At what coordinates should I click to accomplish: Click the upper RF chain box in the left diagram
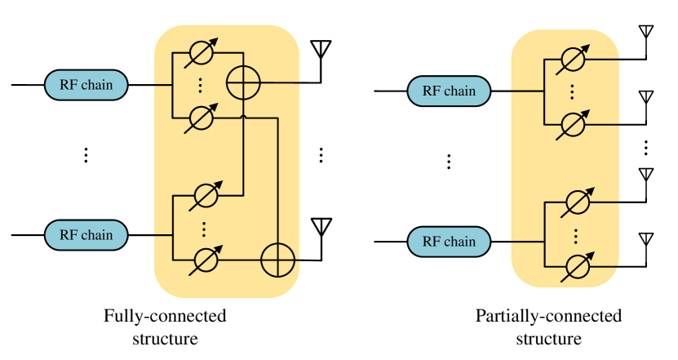[86, 85]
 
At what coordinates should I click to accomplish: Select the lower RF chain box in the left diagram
[86, 235]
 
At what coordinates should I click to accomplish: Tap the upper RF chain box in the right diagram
[449, 91]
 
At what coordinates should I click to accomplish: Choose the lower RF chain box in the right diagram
[449, 242]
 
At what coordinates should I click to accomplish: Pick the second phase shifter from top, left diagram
[201, 118]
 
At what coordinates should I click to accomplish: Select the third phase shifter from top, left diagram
[206, 196]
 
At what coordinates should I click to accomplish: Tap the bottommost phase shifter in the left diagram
[206, 260]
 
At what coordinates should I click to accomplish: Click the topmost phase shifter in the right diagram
[574, 60]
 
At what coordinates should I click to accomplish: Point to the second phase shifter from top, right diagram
[574, 124]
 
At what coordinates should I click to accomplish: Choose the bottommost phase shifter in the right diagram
[578, 266]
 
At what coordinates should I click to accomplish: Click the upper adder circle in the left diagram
[243, 83]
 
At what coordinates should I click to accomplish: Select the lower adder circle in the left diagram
[277, 260]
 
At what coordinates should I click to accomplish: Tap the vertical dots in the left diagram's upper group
[200, 86]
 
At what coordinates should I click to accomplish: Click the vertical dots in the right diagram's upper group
[572, 91]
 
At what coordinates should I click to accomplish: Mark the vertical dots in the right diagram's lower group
[576, 235]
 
